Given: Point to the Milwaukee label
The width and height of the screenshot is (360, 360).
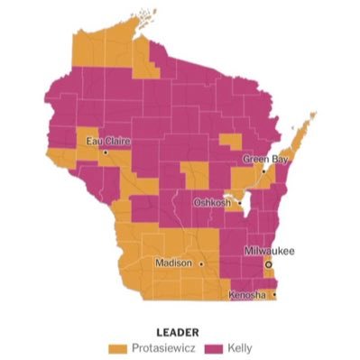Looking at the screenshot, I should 271,252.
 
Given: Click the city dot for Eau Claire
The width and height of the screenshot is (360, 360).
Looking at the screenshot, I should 106,152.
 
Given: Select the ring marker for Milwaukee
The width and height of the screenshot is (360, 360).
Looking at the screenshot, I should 268,263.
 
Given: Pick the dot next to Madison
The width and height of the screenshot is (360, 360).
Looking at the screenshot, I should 201,263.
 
